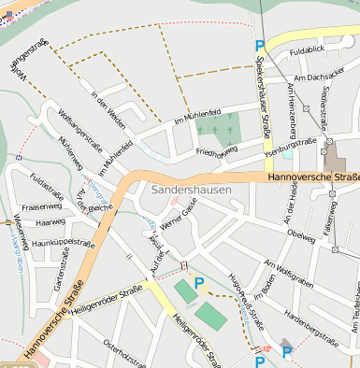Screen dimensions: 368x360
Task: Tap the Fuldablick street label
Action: (x=307, y=50)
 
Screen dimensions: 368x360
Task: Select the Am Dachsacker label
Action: (x=312, y=78)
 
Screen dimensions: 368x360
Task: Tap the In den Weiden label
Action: (x=108, y=108)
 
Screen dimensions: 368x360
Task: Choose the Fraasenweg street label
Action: (x=41, y=206)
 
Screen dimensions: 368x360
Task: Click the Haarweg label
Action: (x=50, y=223)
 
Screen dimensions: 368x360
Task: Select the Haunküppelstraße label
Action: (x=64, y=243)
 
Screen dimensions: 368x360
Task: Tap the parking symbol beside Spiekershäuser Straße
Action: (x=259, y=45)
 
